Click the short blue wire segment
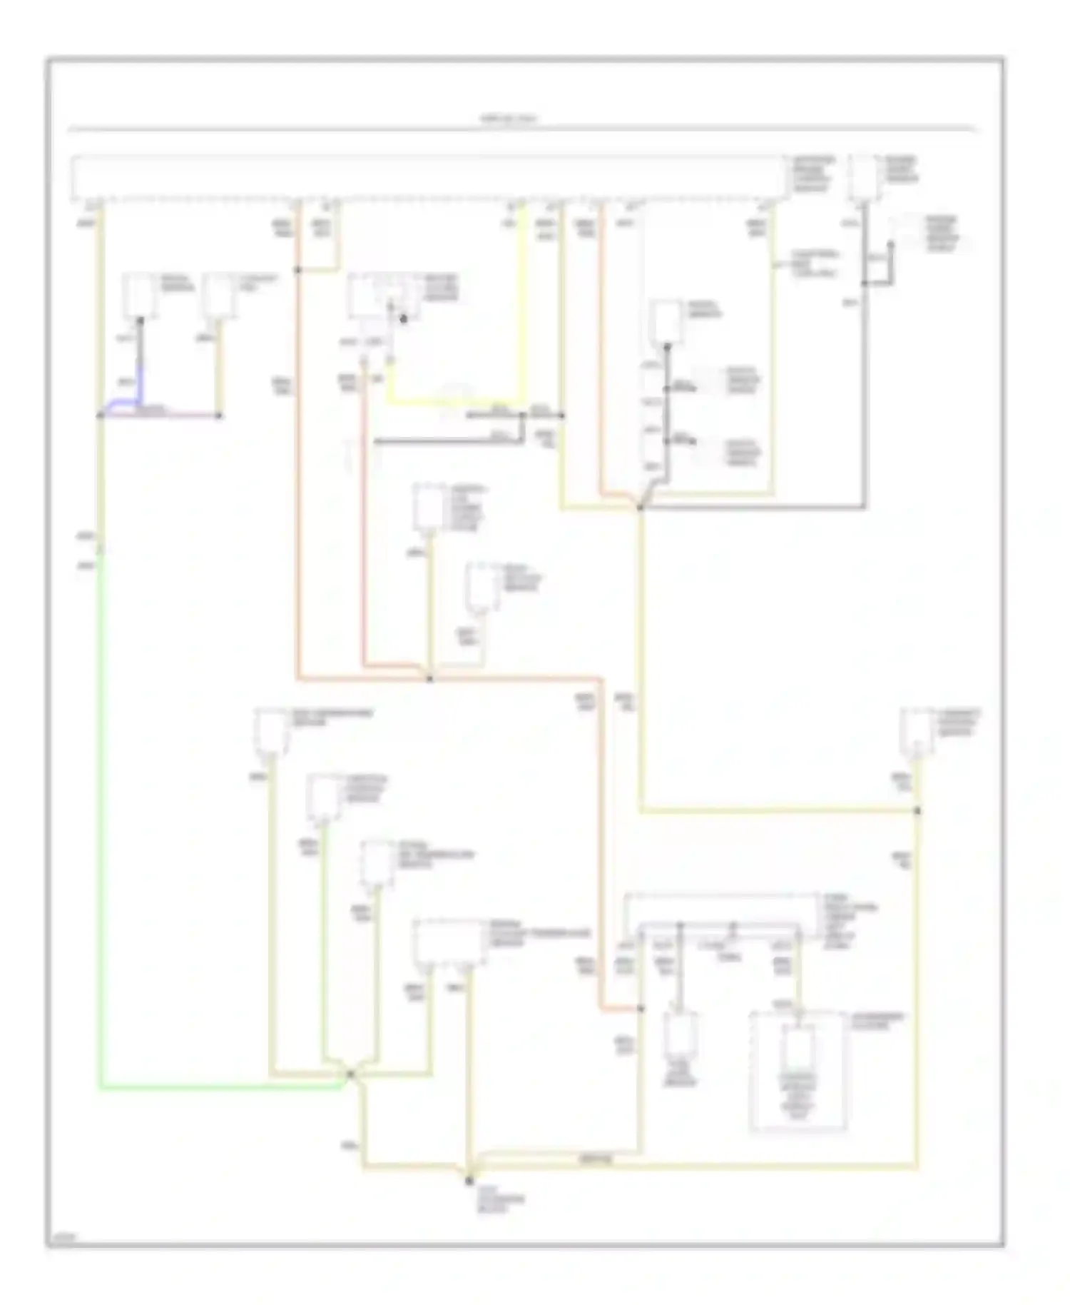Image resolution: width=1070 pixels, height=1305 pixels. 140,389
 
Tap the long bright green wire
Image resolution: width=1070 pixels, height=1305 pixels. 100,857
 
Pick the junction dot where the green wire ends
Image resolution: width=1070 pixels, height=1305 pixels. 350,1074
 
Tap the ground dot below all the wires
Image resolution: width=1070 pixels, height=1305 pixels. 469,1181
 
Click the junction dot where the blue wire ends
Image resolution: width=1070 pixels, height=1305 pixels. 101,415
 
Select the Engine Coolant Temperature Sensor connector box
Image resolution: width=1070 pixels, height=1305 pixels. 447,942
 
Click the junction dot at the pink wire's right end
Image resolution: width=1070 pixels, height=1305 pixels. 219,415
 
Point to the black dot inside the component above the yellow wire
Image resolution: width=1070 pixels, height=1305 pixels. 403,319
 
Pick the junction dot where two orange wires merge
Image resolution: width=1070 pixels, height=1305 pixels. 429,678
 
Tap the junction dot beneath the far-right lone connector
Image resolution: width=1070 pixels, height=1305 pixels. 917,810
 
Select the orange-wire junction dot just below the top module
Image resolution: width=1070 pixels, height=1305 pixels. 297,270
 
